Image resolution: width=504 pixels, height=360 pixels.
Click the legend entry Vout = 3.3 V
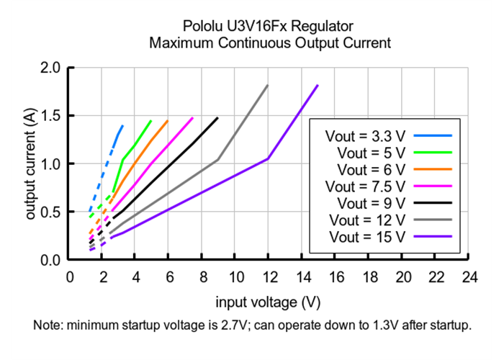click(365, 135)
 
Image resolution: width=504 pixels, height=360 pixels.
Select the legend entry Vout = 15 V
click(365, 236)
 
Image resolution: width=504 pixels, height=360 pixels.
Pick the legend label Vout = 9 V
click(365, 202)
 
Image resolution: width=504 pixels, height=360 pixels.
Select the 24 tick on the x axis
click(470, 277)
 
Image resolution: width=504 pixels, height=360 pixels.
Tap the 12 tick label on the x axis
click(269, 277)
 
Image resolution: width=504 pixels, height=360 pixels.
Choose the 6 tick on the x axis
click(170, 277)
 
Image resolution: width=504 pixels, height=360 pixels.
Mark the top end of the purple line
click(318, 85)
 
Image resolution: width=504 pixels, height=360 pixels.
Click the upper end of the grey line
click(268, 85)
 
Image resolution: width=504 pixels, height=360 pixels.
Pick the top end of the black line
click(217, 117)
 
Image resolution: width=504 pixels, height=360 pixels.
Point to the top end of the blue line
click(123, 125)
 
